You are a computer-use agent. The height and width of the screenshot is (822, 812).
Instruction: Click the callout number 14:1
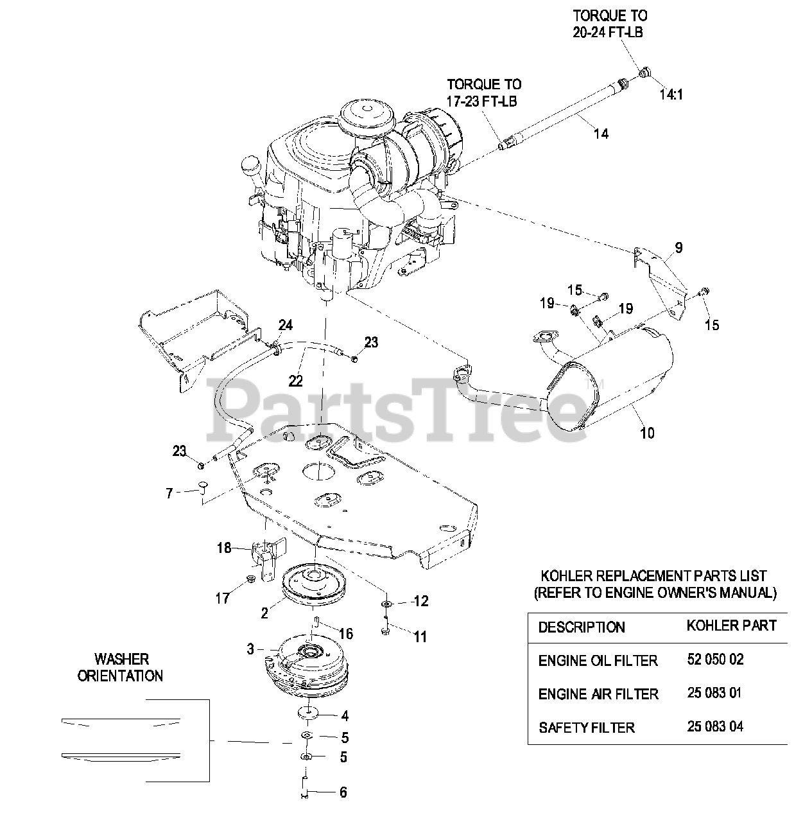click(671, 94)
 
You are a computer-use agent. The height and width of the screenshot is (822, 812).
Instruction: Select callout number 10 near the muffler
click(647, 433)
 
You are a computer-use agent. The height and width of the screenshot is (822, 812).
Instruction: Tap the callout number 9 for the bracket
click(678, 247)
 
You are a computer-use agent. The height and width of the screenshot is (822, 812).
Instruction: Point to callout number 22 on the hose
click(295, 381)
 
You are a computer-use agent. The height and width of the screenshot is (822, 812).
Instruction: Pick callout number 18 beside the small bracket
click(224, 548)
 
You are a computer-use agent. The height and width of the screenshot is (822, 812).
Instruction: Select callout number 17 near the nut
click(222, 599)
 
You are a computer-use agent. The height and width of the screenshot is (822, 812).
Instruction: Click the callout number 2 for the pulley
click(264, 613)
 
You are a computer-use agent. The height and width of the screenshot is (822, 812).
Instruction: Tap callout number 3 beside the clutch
click(250, 649)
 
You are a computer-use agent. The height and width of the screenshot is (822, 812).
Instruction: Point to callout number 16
click(346, 634)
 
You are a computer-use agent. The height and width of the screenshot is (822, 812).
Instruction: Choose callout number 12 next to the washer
click(420, 601)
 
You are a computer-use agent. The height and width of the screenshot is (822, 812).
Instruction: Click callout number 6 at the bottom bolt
click(343, 792)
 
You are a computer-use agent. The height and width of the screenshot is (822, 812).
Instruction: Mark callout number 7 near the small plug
click(169, 493)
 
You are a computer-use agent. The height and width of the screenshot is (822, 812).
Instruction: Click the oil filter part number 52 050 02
click(714, 660)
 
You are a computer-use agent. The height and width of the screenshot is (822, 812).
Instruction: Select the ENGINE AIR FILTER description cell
click(598, 694)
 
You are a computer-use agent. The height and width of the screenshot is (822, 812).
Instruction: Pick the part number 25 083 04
click(714, 727)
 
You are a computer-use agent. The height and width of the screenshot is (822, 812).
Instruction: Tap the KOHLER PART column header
click(731, 625)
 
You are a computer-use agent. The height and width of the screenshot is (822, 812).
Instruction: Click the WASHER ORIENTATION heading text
click(121, 667)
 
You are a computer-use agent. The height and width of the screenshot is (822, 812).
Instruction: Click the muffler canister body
click(610, 385)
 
